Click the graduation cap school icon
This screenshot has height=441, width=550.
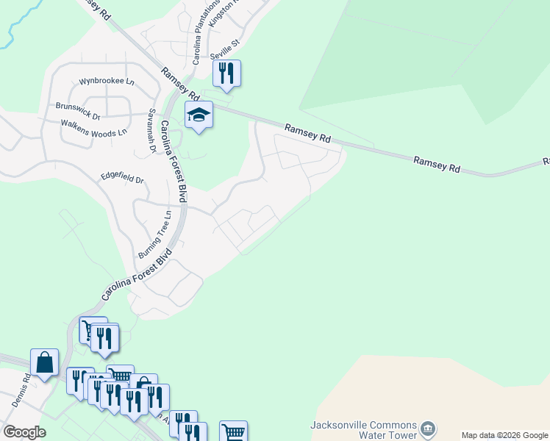[x=199, y=115]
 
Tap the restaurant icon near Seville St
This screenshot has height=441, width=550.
[x=226, y=73]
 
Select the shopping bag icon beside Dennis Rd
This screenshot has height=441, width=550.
[x=44, y=362]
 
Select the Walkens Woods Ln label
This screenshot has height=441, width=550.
[x=93, y=128]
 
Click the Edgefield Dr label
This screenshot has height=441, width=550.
[x=122, y=179]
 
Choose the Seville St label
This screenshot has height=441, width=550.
[x=225, y=45]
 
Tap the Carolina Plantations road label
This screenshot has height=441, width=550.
[x=207, y=32]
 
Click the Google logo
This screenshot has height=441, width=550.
[x=24, y=432]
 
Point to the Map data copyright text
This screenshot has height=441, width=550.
[x=505, y=435]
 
